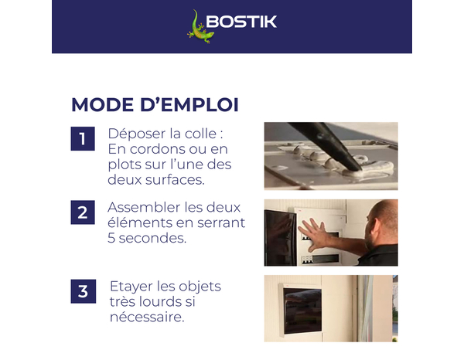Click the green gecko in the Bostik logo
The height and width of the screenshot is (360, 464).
pyautogui.click(x=199, y=25)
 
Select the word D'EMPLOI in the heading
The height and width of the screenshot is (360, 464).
pyautogui.click(x=193, y=104)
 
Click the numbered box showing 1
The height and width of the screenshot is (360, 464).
pyautogui.click(x=82, y=139)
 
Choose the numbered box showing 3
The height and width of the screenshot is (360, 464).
pyautogui.click(x=82, y=291)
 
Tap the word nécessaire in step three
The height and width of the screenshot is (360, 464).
pyautogui.click(x=147, y=317)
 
